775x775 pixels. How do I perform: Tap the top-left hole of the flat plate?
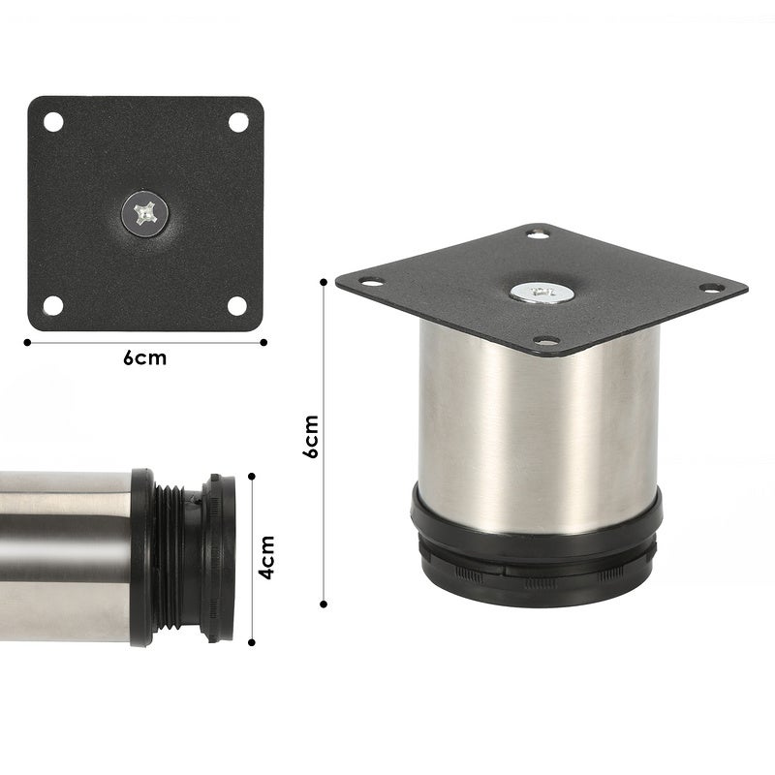pos(53,122)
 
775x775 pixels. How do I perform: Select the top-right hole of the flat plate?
pos(237,122)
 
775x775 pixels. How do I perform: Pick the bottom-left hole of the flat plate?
pos(53,305)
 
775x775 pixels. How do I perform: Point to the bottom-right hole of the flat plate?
pos(237,305)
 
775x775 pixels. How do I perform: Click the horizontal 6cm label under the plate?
pos(145,358)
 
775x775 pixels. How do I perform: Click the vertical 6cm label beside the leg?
pos(311,437)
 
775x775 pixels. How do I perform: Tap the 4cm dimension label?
pos(267,557)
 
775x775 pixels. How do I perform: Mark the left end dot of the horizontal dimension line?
pos(26,341)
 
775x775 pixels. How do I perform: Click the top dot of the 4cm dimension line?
pos(252,476)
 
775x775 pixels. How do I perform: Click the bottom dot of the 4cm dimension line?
pos(252,640)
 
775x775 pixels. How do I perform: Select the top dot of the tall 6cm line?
pos(324,281)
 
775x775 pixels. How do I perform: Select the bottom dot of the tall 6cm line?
pos(324,604)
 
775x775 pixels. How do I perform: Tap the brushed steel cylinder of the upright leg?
pos(538,426)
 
